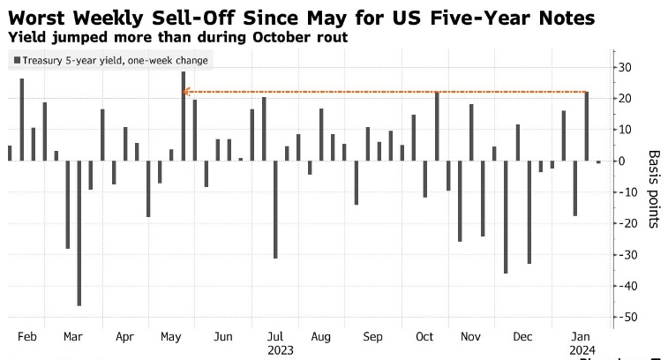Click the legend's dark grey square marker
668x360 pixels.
[16, 61]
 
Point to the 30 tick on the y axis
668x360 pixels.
[624, 67]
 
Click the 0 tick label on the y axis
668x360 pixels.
[621, 161]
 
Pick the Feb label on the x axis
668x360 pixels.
[26, 336]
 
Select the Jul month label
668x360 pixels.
[274, 336]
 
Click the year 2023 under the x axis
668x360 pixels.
[280, 349]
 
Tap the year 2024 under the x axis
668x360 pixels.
[580, 349]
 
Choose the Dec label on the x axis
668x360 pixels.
[522, 336]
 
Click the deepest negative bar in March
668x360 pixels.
[79, 233]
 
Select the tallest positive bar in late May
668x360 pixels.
[184, 116]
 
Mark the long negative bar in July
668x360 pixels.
[275, 209]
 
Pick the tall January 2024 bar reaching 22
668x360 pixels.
[586, 126]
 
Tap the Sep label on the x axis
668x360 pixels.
[372, 336]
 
